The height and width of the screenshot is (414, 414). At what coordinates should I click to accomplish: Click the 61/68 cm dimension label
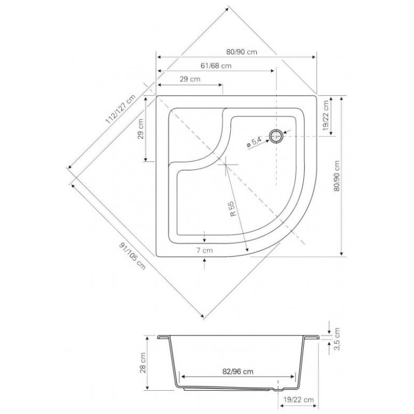(x=216, y=66)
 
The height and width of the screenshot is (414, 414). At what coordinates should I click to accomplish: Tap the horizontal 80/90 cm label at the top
(x=242, y=52)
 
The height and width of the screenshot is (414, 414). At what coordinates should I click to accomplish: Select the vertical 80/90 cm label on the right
(x=337, y=176)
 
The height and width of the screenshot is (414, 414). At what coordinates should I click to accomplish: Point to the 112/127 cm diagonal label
(x=121, y=109)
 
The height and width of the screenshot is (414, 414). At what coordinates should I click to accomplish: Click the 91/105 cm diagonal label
(x=132, y=256)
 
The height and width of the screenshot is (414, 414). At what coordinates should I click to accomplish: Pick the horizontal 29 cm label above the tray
(x=190, y=79)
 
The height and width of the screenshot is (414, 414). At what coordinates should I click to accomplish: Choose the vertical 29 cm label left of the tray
(x=140, y=129)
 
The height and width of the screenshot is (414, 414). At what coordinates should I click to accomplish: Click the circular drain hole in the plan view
(x=276, y=136)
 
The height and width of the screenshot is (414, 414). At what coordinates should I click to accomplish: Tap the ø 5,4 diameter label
(x=254, y=142)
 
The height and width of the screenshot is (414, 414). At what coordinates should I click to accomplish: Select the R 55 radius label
(x=232, y=209)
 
